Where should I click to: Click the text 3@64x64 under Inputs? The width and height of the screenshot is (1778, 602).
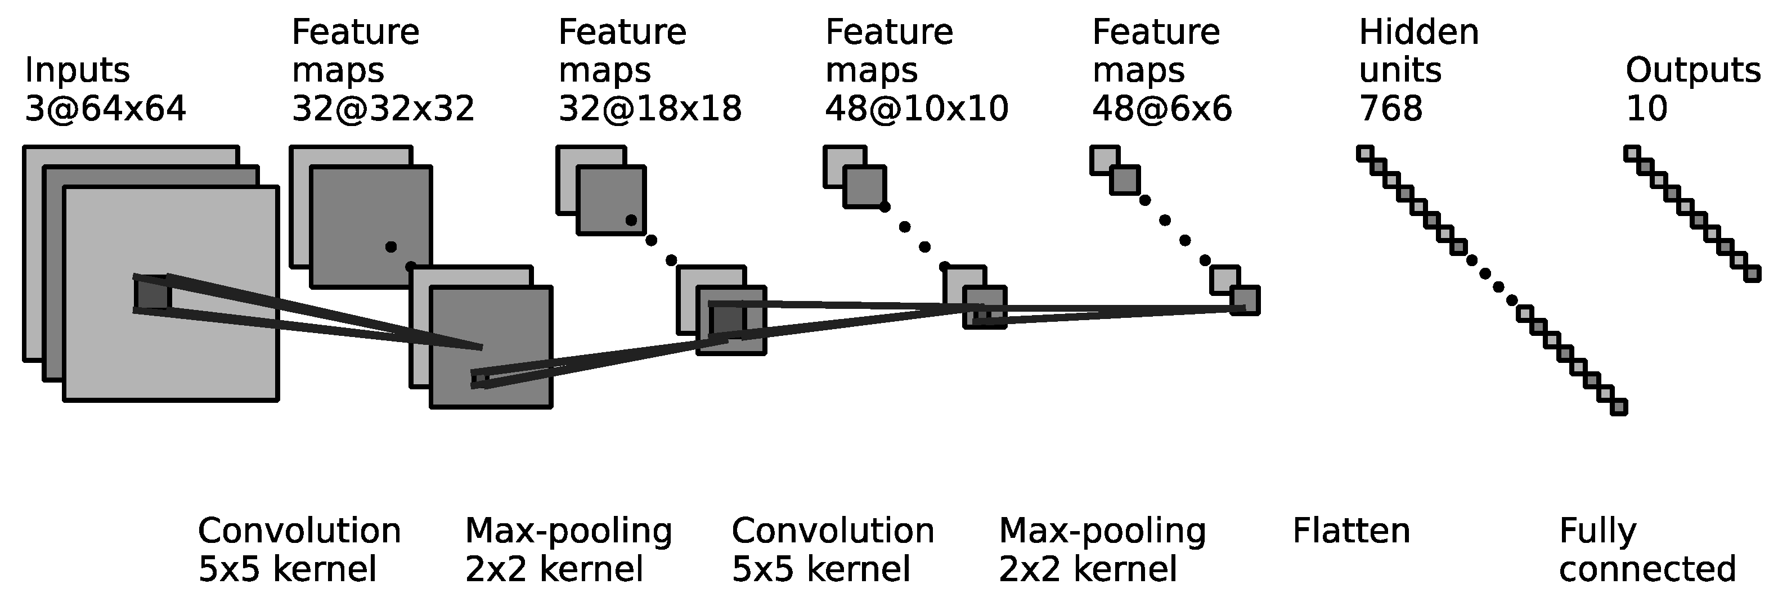click(x=105, y=109)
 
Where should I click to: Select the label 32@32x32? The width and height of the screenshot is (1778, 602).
click(x=383, y=109)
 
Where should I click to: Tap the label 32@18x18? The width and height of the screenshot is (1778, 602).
click(x=649, y=109)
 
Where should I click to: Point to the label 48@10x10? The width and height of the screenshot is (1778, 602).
click(x=917, y=109)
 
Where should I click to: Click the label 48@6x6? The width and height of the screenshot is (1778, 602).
click(x=1162, y=109)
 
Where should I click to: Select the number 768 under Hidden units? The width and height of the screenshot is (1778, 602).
click(x=1391, y=109)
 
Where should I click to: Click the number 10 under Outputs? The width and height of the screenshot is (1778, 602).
click(x=1646, y=109)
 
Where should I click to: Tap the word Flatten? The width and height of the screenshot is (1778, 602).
click(x=1351, y=532)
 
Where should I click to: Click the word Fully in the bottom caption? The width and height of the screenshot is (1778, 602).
click(x=1597, y=532)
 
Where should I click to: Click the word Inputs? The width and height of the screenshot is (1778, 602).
click(x=77, y=70)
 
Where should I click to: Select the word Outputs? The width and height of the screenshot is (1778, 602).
click(x=1692, y=70)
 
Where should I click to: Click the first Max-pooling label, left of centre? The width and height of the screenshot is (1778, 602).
click(x=568, y=532)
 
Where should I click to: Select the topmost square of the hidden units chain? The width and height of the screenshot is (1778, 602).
click(x=1365, y=153)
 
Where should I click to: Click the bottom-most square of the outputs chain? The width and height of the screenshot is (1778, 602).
click(x=1752, y=274)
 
